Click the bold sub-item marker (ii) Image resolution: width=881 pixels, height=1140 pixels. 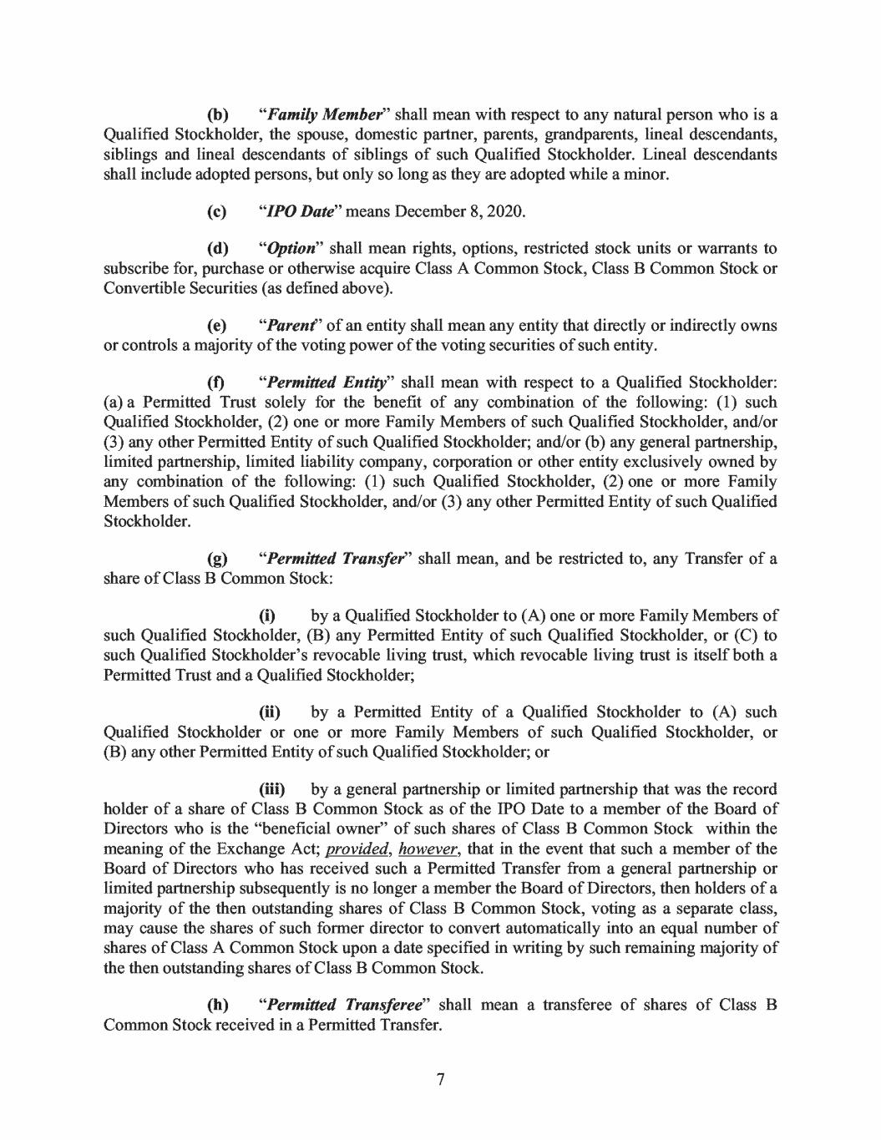click(271, 712)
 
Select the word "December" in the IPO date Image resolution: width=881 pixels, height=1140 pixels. click(418, 210)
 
